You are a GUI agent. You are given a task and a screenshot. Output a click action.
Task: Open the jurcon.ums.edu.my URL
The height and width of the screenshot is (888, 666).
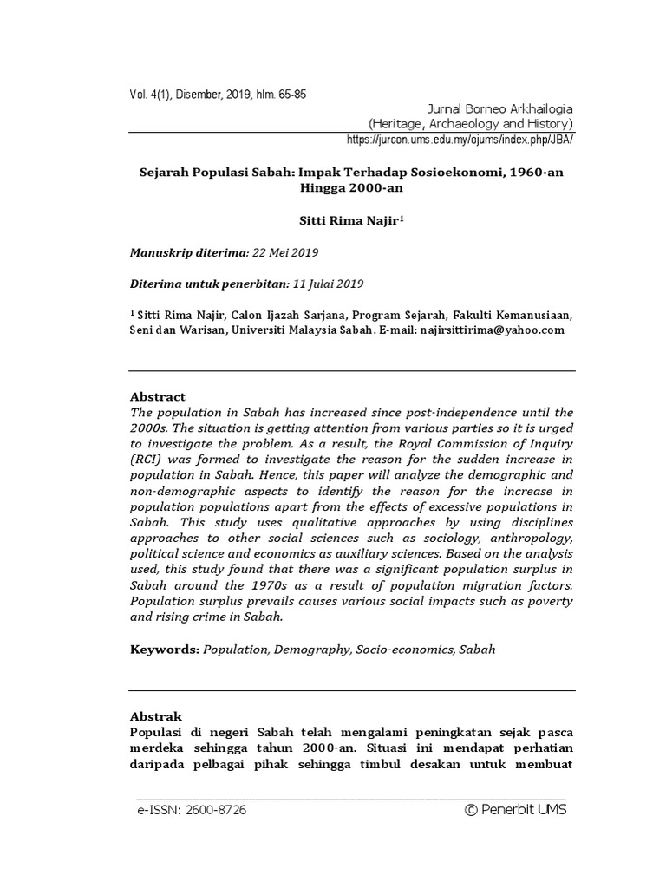point(460,139)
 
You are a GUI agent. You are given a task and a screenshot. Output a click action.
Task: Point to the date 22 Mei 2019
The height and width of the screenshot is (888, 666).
point(285,253)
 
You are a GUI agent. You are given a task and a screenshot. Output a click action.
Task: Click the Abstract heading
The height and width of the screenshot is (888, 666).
point(157,396)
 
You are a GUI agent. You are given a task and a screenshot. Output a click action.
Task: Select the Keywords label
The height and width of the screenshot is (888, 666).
point(165,649)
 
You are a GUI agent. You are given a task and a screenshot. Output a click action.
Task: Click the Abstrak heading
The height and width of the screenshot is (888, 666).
point(156,716)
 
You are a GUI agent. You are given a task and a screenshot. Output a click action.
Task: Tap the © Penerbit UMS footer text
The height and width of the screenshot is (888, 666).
point(515,810)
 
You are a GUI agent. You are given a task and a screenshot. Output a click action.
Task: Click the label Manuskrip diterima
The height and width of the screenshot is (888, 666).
point(187,253)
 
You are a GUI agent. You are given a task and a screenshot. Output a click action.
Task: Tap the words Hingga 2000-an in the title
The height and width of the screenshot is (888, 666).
point(350,188)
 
